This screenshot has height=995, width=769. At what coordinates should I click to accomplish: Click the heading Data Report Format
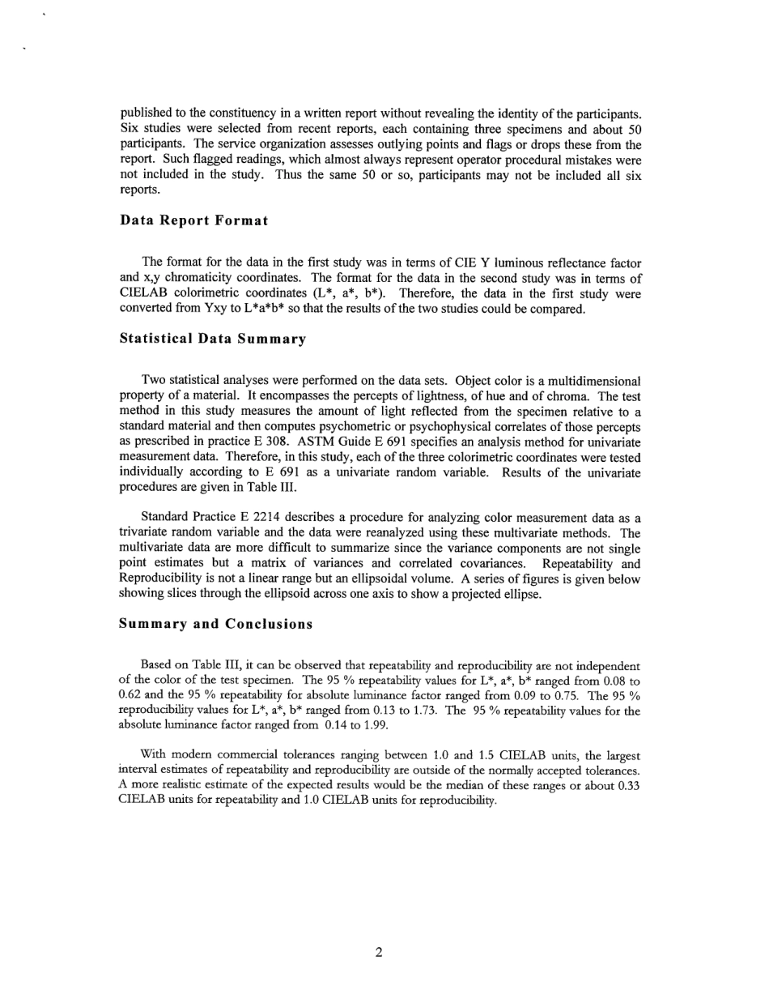tap(193, 220)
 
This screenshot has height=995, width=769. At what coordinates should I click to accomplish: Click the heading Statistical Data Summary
tap(212, 339)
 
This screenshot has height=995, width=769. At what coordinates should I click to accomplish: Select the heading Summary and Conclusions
tap(215, 624)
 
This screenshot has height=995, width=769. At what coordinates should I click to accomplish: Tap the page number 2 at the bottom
tap(379, 952)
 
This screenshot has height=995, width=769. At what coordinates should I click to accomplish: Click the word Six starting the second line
tap(129, 130)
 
